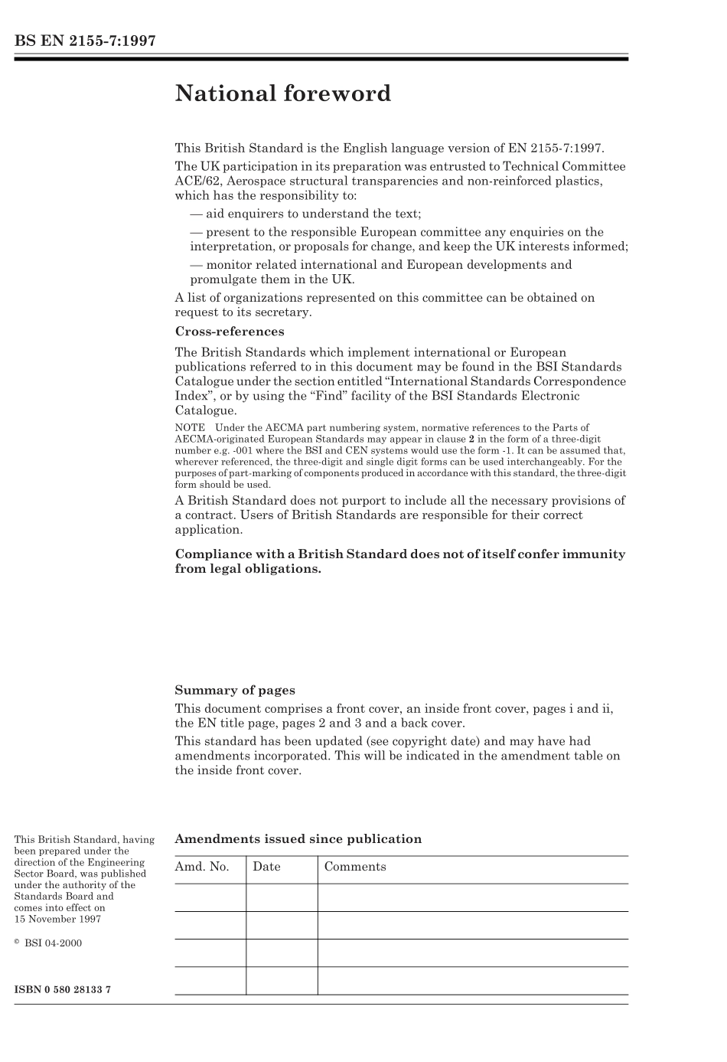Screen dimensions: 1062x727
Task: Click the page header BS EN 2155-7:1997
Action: [85, 41]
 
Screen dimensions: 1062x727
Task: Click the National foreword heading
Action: [282, 94]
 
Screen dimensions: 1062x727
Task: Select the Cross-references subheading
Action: [229, 332]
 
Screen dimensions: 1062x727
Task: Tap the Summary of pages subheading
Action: [234, 690]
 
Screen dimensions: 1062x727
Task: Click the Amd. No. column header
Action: [202, 867]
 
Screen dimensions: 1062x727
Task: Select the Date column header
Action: [266, 867]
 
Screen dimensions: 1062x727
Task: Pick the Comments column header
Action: [355, 867]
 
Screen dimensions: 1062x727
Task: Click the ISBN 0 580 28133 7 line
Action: [63, 989]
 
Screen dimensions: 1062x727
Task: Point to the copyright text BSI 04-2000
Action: [52, 943]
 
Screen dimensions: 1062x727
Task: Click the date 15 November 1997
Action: [57, 919]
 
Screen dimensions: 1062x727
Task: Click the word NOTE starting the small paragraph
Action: [189, 428]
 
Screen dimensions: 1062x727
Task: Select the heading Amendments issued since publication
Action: [298, 838]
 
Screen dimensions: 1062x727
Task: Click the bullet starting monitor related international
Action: [380, 265]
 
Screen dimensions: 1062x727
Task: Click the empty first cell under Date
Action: [282, 897]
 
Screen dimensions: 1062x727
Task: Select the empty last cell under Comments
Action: [472, 980]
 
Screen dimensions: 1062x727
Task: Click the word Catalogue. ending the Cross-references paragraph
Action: [205, 410]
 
